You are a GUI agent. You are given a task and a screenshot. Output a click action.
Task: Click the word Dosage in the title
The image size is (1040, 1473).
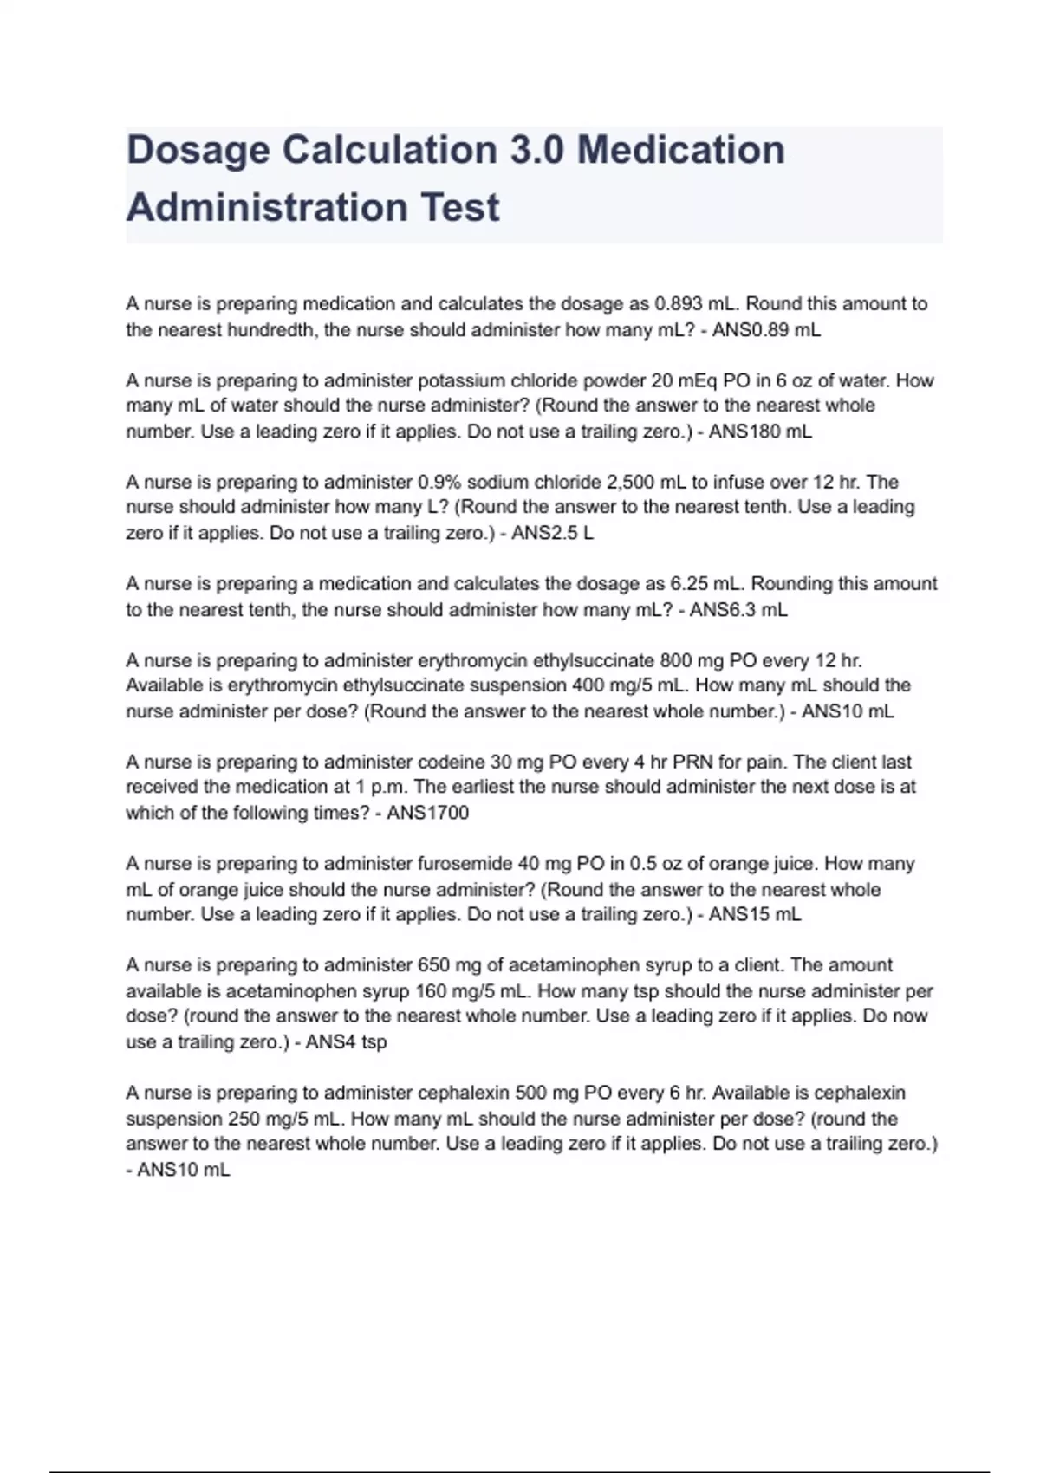(198, 151)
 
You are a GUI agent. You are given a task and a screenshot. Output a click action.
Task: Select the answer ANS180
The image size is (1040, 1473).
(744, 432)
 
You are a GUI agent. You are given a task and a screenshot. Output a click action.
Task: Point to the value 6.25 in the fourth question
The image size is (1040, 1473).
(688, 584)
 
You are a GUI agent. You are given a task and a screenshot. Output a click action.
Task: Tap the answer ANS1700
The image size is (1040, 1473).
(427, 813)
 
